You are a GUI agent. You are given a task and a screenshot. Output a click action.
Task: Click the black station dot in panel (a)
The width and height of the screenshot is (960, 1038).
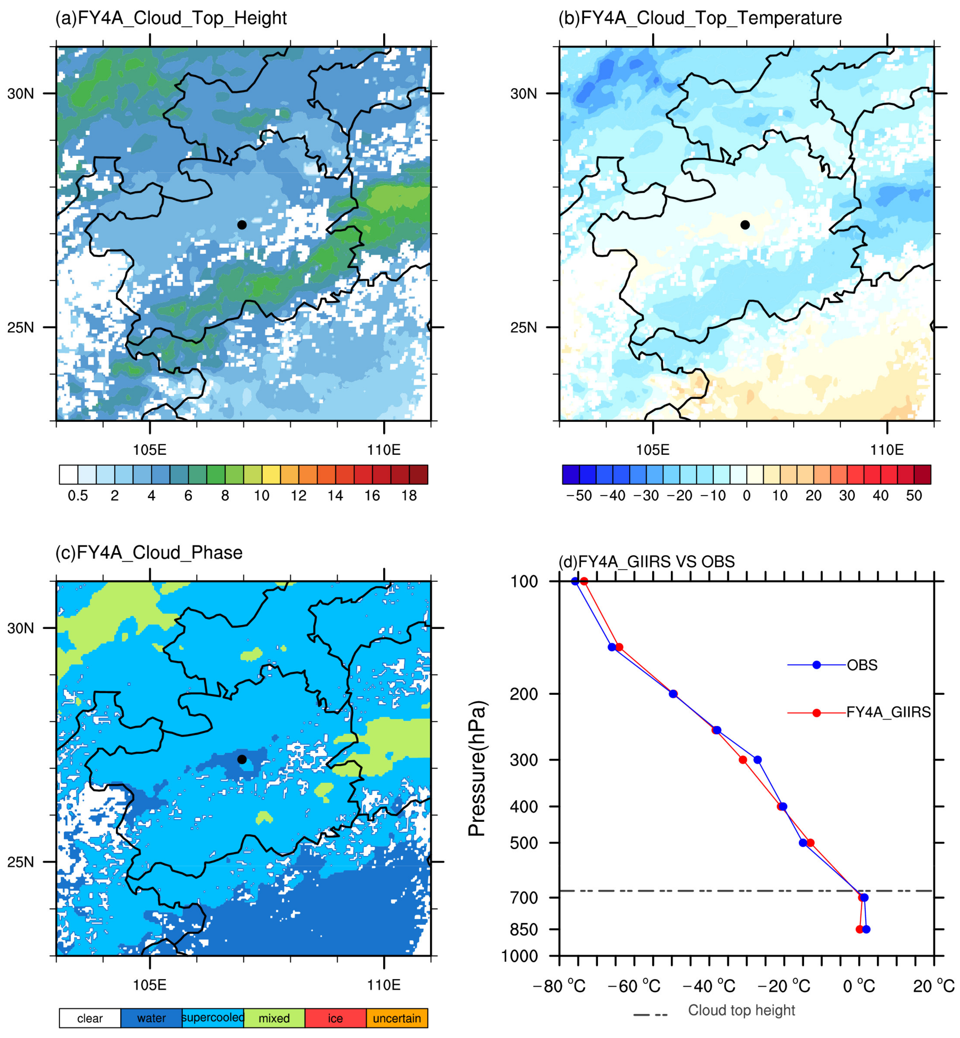click(242, 225)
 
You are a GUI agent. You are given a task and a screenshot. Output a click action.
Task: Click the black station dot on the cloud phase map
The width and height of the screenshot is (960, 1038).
click(242, 759)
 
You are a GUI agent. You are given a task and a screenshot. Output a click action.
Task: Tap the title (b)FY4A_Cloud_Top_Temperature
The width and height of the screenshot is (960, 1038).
click(700, 18)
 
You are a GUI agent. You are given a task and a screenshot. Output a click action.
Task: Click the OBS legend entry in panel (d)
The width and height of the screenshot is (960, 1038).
click(862, 665)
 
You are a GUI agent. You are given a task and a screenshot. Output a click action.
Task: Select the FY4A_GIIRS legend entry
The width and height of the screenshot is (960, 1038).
click(888, 712)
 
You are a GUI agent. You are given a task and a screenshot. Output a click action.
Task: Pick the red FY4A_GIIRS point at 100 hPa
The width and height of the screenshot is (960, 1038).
click(584, 581)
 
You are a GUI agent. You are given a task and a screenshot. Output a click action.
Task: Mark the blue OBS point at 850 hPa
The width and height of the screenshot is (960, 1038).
click(866, 929)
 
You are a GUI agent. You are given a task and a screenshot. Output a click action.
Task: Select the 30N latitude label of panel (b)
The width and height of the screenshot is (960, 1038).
click(524, 94)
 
